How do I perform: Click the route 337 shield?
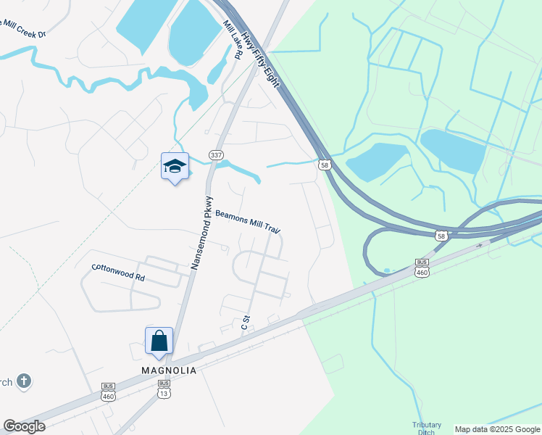(x=215, y=155)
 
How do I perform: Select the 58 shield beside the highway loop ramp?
(x=441, y=236)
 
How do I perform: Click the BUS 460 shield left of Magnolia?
(x=109, y=391)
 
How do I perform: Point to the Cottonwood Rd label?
(x=118, y=273)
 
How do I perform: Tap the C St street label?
(x=246, y=323)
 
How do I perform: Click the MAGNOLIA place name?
(x=168, y=370)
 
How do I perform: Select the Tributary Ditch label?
(x=426, y=428)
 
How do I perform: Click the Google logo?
(x=24, y=426)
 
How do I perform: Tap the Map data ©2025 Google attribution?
(x=498, y=429)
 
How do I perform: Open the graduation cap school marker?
(x=174, y=167)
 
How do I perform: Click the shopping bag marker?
(x=159, y=340)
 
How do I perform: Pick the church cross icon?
(x=23, y=381)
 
